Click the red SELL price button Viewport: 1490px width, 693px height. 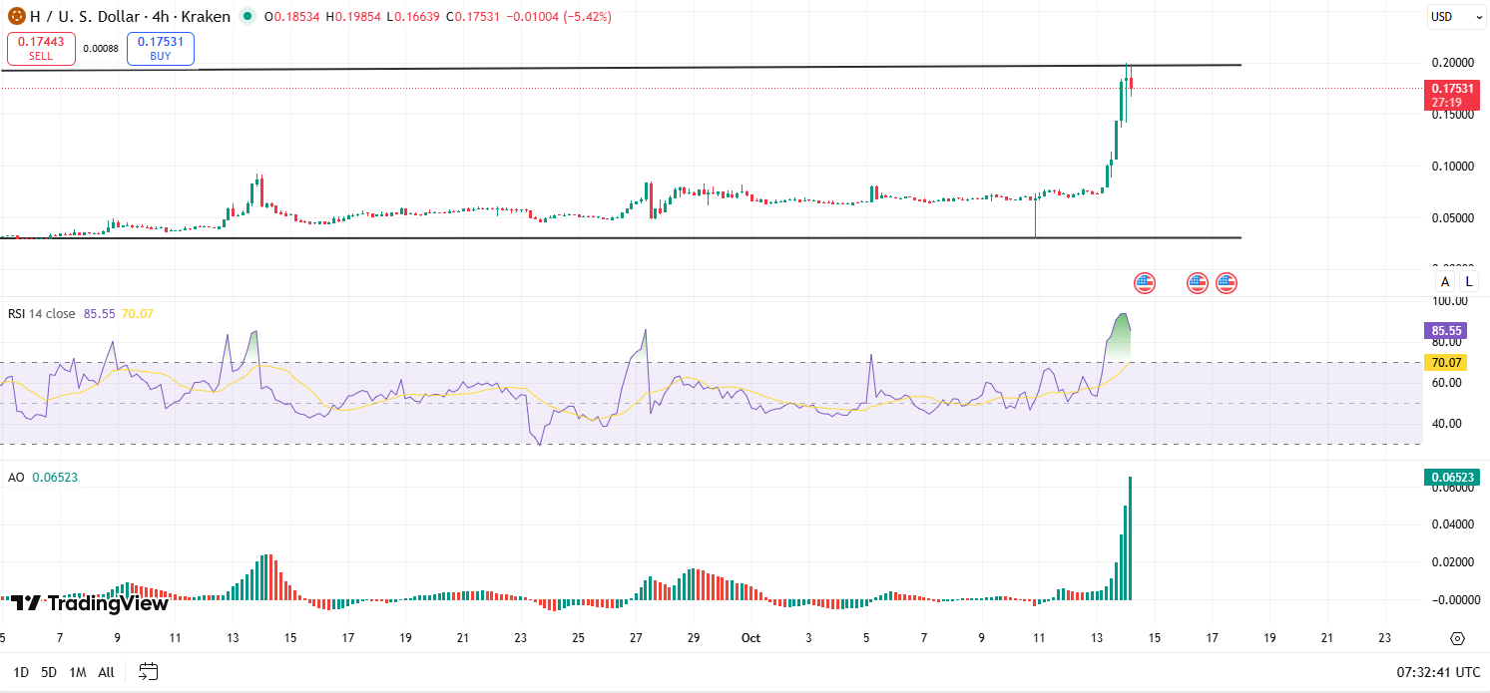coord(41,48)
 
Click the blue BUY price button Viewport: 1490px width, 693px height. coord(160,48)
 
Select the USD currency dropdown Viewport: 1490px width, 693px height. coord(1448,17)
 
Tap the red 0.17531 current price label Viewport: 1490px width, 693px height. coord(1451,88)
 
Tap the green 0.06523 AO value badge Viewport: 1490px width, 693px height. coord(1450,478)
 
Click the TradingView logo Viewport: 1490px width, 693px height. coord(90,602)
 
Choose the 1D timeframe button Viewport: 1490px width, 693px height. coord(21,672)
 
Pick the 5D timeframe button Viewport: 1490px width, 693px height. coord(48,672)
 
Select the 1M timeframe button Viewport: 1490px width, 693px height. coord(77,672)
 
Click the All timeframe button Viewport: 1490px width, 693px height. coord(106,672)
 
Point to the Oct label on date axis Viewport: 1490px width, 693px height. coord(752,637)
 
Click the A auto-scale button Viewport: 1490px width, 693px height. coord(1444,282)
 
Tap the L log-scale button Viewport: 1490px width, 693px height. coord(1469,282)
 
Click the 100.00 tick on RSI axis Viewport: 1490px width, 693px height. coord(1449,301)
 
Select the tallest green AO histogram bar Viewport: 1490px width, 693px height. coord(1131,538)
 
